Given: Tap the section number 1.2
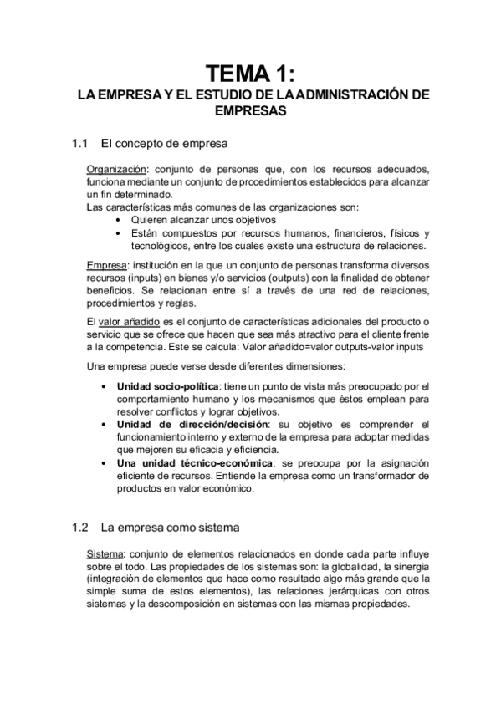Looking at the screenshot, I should [x=80, y=528].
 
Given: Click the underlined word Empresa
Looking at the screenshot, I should [x=105, y=266].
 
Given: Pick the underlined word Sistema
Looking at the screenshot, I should [x=105, y=555].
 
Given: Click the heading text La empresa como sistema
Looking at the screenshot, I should [x=171, y=528].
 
